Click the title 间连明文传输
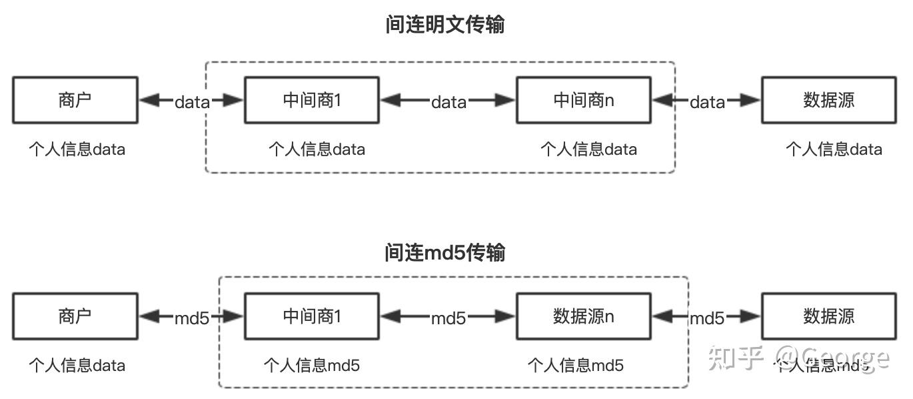tap(445, 25)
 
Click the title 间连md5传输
tap(445, 253)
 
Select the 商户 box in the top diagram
tap(75, 100)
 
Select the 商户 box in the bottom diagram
tap(75, 316)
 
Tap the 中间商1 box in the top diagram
tap(312, 100)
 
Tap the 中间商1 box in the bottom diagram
tap(312, 316)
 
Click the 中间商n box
tap(584, 100)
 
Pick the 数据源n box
tap(584, 316)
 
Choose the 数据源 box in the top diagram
tap(829, 100)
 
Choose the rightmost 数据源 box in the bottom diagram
tap(829, 316)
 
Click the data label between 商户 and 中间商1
tap(192, 102)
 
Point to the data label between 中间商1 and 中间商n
tap(449, 102)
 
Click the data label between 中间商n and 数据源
tap(707, 102)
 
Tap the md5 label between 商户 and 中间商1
tap(192, 318)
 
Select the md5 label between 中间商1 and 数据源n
tap(449, 318)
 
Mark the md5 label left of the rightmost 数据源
tap(707, 318)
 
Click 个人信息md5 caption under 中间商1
tap(312, 365)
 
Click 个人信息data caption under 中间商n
tap(588, 149)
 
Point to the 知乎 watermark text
tap(735, 358)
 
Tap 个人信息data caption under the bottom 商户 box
tap(77, 365)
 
